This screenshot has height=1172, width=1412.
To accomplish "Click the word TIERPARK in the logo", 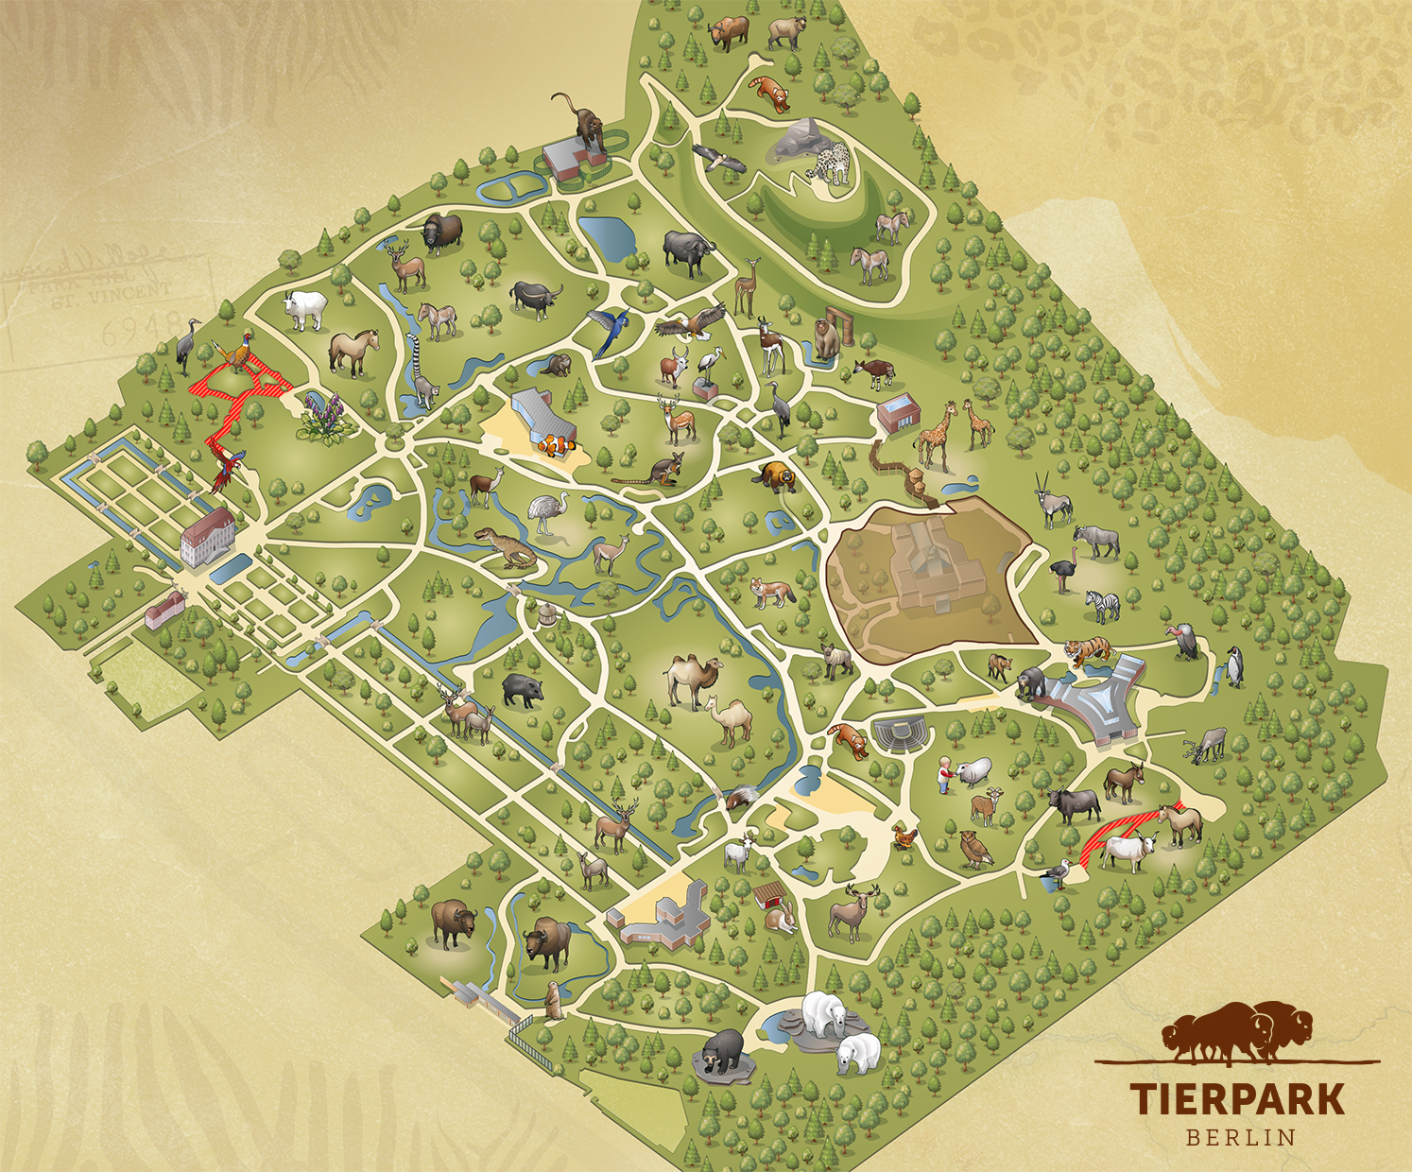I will click(1237, 1098).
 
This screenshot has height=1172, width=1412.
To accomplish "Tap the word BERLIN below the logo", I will click(1240, 1136).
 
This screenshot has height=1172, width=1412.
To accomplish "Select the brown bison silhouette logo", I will click(1238, 1032).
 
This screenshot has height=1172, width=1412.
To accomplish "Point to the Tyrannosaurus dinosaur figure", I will click(507, 545).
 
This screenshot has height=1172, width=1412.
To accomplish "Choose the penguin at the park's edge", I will click(1234, 665).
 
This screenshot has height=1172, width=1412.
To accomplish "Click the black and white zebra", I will click(1102, 605).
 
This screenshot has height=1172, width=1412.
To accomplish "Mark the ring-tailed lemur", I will click(421, 364).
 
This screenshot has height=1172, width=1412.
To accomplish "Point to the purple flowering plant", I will click(322, 417).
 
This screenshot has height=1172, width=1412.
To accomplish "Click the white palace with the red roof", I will click(207, 536).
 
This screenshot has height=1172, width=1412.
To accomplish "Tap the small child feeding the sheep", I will click(943, 773).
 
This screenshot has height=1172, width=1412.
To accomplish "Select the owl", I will click(973, 848).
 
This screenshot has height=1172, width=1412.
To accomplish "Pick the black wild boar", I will click(522, 690).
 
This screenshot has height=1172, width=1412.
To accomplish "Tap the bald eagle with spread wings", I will click(694, 323).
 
